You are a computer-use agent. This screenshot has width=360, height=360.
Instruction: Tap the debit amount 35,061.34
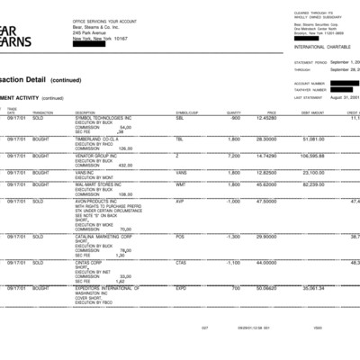coord(312,289)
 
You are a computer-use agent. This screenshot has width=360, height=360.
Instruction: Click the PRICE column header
coord(271,112)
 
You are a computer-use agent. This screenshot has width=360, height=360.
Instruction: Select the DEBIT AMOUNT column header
coord(311,112)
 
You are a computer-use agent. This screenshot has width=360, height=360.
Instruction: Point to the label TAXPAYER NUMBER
coord(310,90)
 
